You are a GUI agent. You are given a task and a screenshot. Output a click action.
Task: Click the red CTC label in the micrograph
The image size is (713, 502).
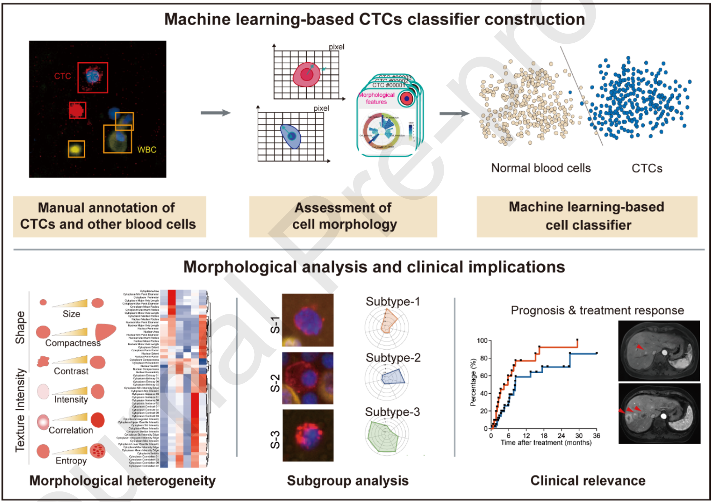point(62,76)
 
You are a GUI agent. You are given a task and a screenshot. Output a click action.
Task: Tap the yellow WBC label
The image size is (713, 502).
point(146,150)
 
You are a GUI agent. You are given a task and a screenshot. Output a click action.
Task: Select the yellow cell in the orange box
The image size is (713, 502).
point(76,149)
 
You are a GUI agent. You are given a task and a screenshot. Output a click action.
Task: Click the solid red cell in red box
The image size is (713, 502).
point(77,111)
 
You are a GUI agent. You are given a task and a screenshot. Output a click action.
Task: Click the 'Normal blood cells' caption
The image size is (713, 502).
point(541,168)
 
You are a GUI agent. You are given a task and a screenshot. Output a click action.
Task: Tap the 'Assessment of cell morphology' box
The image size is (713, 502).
point(343,216)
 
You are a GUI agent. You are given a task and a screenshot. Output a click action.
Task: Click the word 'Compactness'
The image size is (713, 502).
point(73,343)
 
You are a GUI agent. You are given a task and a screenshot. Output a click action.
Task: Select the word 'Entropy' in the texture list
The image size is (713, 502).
point(71,461)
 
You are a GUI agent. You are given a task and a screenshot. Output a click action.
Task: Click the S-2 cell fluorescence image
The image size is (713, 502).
point(308,378)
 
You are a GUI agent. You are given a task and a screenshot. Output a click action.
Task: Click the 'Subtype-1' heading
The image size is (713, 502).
point(392,302)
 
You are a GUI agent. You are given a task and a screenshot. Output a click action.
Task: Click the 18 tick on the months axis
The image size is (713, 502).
point(544,436)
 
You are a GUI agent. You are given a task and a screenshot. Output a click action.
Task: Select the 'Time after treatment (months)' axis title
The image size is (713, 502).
point(546,443)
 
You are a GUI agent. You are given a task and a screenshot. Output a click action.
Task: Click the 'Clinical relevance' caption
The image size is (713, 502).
point(587,481)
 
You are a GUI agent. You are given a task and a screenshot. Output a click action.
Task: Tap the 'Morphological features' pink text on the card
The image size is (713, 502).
point(376,99)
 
